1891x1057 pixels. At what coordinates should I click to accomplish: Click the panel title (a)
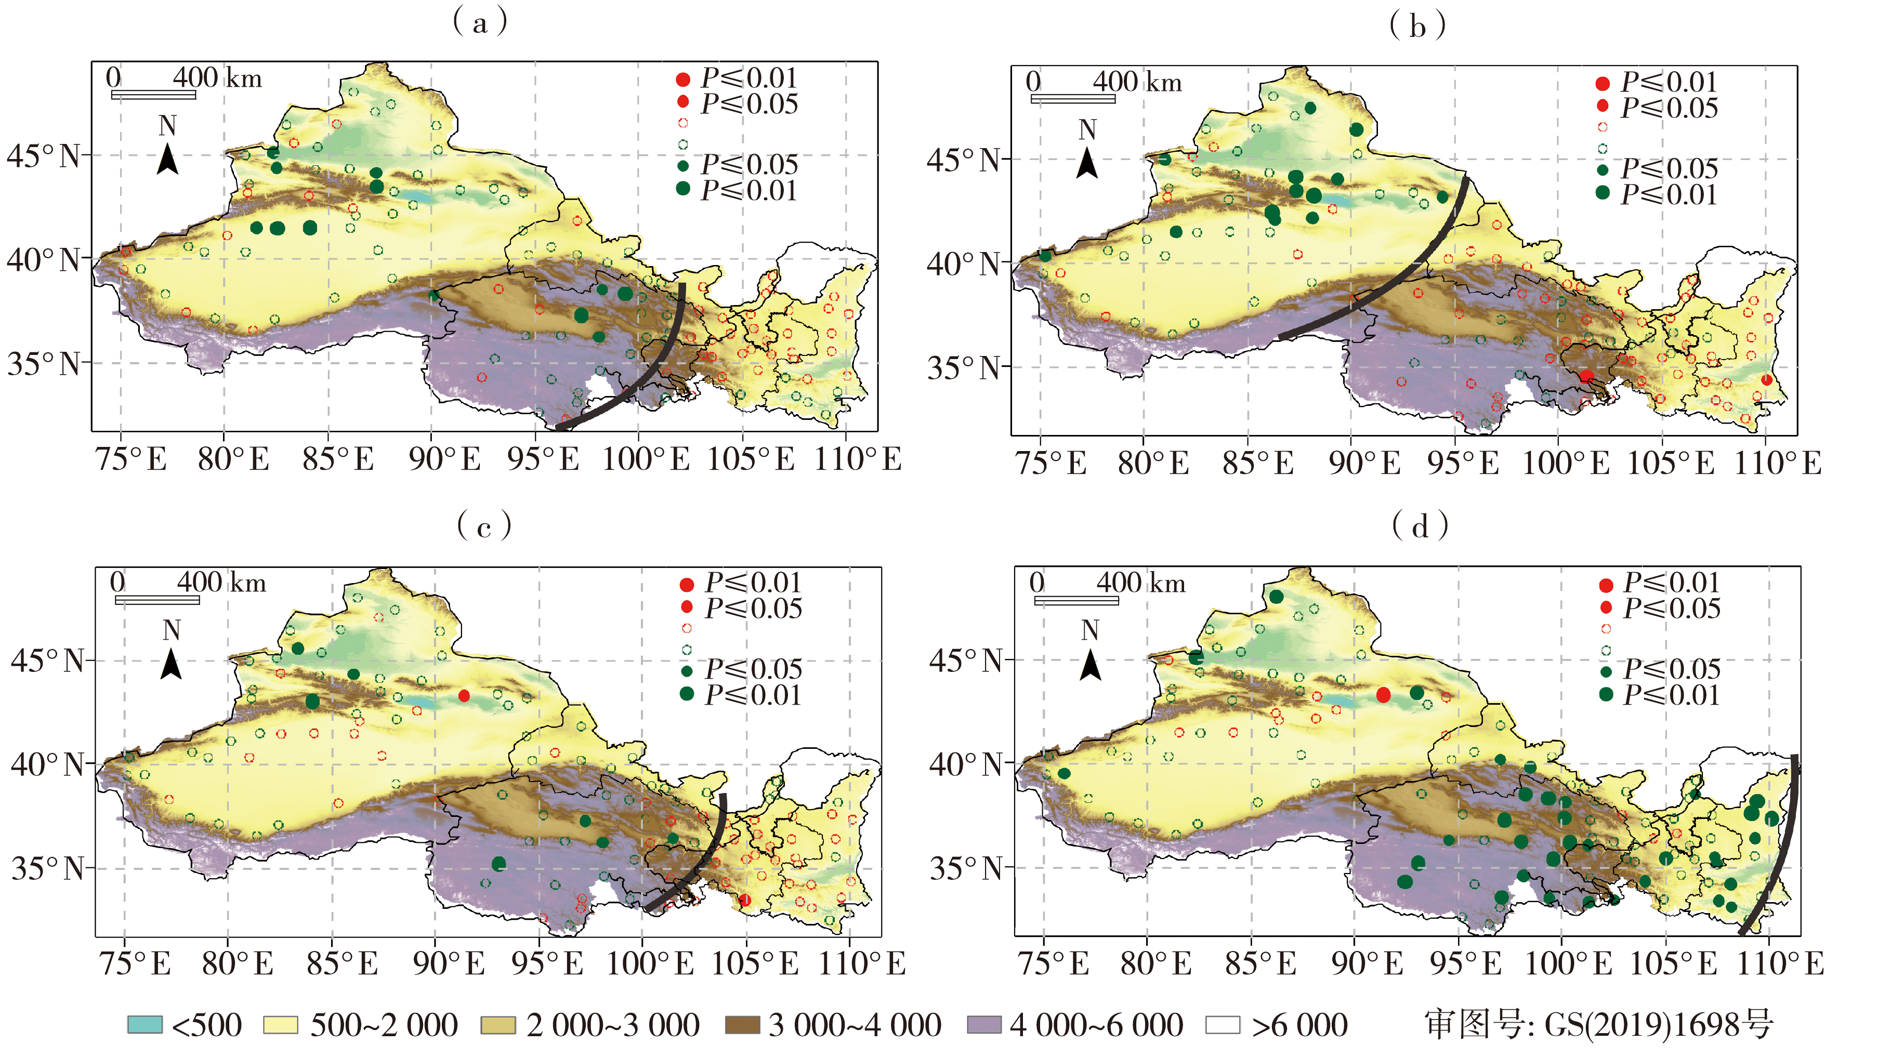click(480, 22)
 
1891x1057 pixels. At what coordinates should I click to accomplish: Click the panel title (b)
click(1417, 25)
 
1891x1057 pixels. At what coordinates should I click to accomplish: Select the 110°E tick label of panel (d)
click(1779, 963)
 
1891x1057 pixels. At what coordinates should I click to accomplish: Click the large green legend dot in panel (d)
click(1606, 694)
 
